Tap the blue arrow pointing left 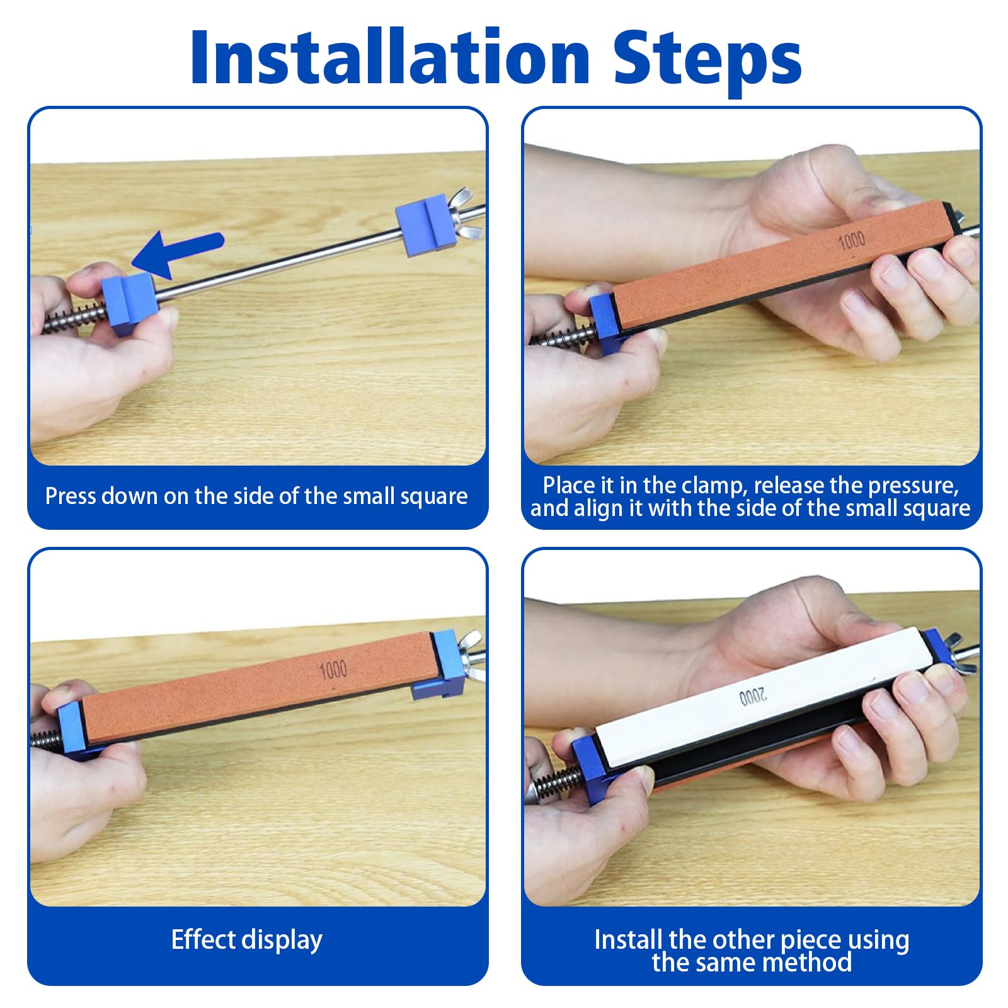(x=177, y=253)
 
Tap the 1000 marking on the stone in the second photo (x=852, y=240)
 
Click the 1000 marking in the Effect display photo (x=333, y=670)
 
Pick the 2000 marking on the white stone (x=753, y=697)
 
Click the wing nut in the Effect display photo (x=469, y=656)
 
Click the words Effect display (x=246, y=939)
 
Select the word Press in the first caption (x=70, y=496)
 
